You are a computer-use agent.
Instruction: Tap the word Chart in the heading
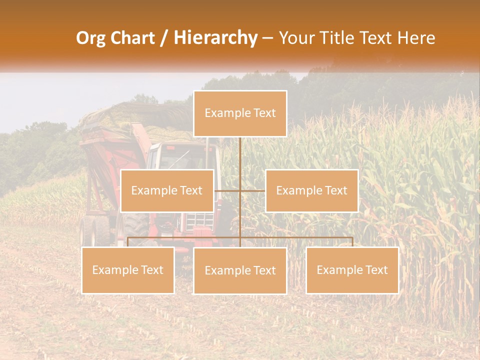[x=131, y=38]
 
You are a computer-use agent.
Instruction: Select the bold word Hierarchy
[x=215, y=38]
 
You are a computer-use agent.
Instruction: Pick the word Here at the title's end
[x=416, y=38]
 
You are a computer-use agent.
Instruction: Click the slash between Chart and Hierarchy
[x=164, y=38]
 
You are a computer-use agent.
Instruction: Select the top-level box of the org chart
[x=240, y=113]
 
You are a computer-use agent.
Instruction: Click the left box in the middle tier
[x=167, y=190]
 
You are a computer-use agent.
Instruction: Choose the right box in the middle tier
[x=311, y=190]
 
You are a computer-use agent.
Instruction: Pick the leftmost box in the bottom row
[x=128, y=270]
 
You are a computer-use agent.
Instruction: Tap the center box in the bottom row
[x=240, y=270]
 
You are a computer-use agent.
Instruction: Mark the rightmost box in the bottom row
[x=352, y=270]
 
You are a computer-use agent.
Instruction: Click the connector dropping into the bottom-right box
[x=352, y=241]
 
